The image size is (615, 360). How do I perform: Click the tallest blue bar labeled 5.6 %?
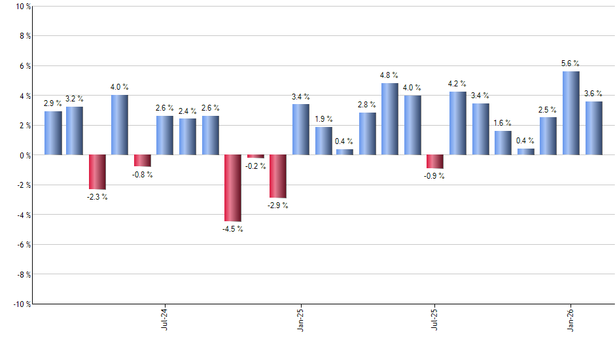[x=571, y=113]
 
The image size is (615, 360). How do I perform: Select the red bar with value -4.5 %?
[x=233, y=189]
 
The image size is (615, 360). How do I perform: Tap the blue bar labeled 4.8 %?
[x=389, y=119]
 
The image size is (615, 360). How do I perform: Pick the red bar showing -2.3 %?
[x=97, y=172]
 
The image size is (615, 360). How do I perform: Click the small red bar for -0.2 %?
[x=255, y=156]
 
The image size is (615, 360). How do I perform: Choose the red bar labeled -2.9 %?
[x=278, y=176]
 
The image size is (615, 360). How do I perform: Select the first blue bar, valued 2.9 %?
[x=53, y=133]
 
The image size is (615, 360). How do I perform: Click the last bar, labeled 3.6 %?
[x=593, y=128]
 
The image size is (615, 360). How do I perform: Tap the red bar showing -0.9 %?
[x=434, y=162]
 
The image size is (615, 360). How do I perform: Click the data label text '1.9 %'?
[x=323, y=119]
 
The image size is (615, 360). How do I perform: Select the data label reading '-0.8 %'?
[x=143, y=175]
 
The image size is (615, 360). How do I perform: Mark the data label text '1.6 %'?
[x=502, y=123]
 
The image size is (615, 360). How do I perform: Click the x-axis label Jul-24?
[x=164, y=318]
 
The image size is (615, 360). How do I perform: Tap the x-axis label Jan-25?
[x=300, y=318]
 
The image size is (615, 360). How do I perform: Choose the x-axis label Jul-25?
[x=435, y=318]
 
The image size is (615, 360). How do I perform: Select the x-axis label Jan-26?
[x=571, y=318]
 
